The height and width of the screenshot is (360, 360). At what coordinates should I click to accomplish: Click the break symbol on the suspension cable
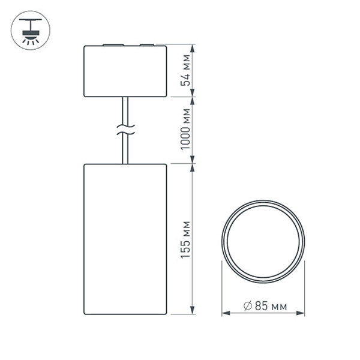125,127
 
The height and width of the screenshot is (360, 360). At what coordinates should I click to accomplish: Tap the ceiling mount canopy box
125,71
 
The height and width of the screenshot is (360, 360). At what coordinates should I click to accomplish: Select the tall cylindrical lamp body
125,238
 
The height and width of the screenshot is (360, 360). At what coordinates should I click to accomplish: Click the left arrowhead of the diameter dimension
226,313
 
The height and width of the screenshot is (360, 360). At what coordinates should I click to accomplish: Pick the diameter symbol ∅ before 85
247,307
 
